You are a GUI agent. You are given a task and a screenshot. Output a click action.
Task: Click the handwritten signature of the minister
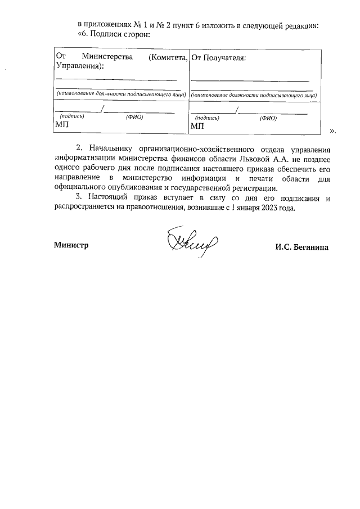pyautogui.click(x=188, y=244)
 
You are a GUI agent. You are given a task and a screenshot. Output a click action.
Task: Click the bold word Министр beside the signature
pyautogui.click(x=71, y=245)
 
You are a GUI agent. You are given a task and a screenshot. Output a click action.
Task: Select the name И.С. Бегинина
pyautogui.click(x=302, y=247)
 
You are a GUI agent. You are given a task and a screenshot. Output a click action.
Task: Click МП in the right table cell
pyautogui.click(x=197, y=126)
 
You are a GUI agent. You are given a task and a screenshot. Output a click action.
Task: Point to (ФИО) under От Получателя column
pyautogui.click(x=268, y=119)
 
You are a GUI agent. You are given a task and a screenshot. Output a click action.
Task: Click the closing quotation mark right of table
pyautogui.click(x=332, y=130)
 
